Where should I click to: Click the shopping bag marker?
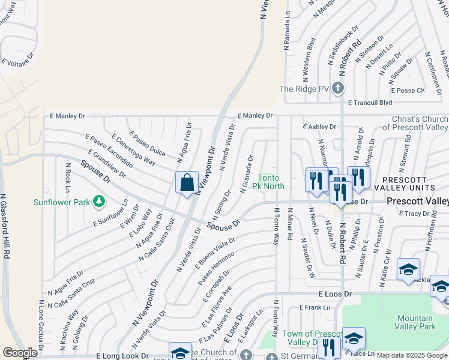click(x=187, y=182)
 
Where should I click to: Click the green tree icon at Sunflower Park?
click(x=100, y=202)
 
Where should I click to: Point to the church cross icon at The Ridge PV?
click(x=338, y=89)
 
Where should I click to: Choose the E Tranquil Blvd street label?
click(x=373, y=103)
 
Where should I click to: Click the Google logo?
click(x=20, y=353)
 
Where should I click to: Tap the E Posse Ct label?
click(x=408, y=91)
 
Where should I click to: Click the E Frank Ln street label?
click(x=315, y=308)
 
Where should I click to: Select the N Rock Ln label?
click(x=68, y=173)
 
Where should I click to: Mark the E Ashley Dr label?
click(x=319, y=127)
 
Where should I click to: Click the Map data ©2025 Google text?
click(x=412, y=355)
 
